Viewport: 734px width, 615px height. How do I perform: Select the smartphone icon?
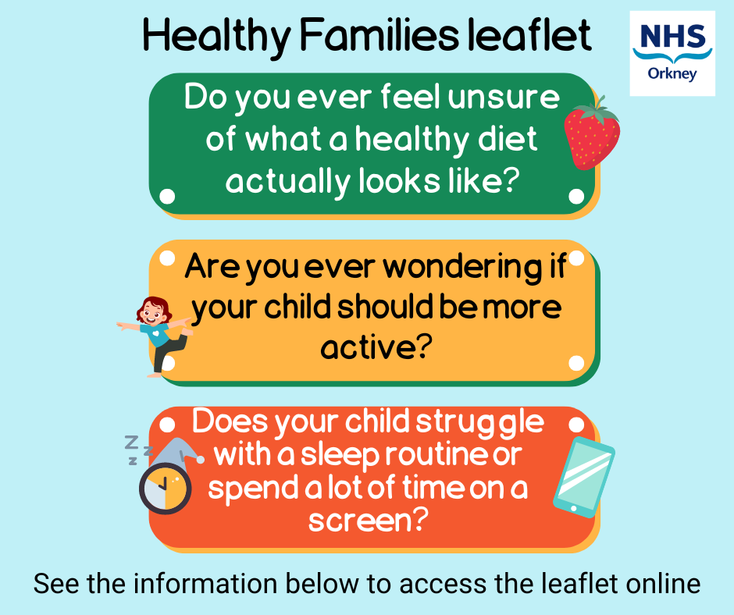click(583, 476)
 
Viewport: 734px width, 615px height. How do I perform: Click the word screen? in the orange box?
click(368, 519)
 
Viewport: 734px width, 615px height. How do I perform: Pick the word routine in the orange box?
click(412, 455)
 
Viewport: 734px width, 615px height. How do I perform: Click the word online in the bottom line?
click(660, 584)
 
